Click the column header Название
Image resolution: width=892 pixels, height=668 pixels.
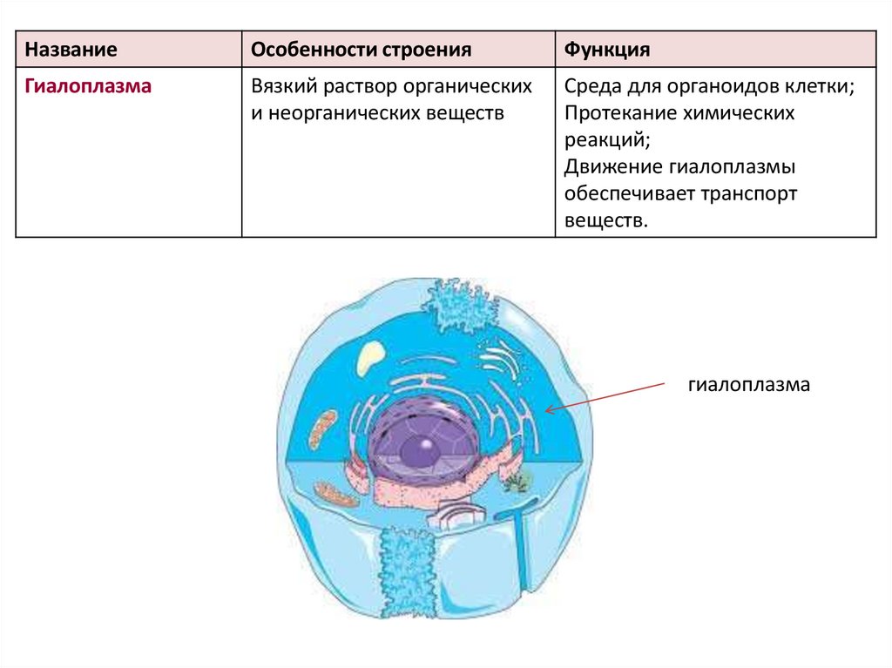71,50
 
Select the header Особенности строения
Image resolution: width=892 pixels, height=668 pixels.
361,50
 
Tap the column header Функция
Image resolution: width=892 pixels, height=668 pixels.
606,50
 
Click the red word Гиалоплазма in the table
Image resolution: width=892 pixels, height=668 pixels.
89,87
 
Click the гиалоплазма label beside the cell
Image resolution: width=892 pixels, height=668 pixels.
748,384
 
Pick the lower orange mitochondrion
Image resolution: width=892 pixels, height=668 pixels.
339,495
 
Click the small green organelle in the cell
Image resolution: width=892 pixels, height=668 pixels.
517,480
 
